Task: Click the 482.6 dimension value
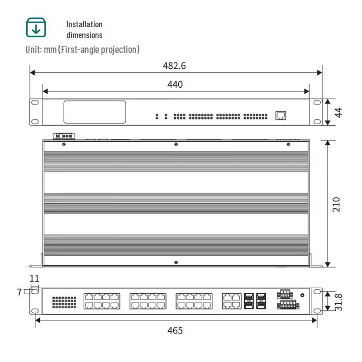174,66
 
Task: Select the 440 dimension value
175,85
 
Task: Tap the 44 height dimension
338,112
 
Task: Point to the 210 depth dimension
336,205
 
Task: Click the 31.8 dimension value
338,302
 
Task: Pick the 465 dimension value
175,331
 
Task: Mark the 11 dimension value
34,279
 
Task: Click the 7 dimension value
19,292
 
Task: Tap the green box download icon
36,27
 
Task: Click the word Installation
85,24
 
